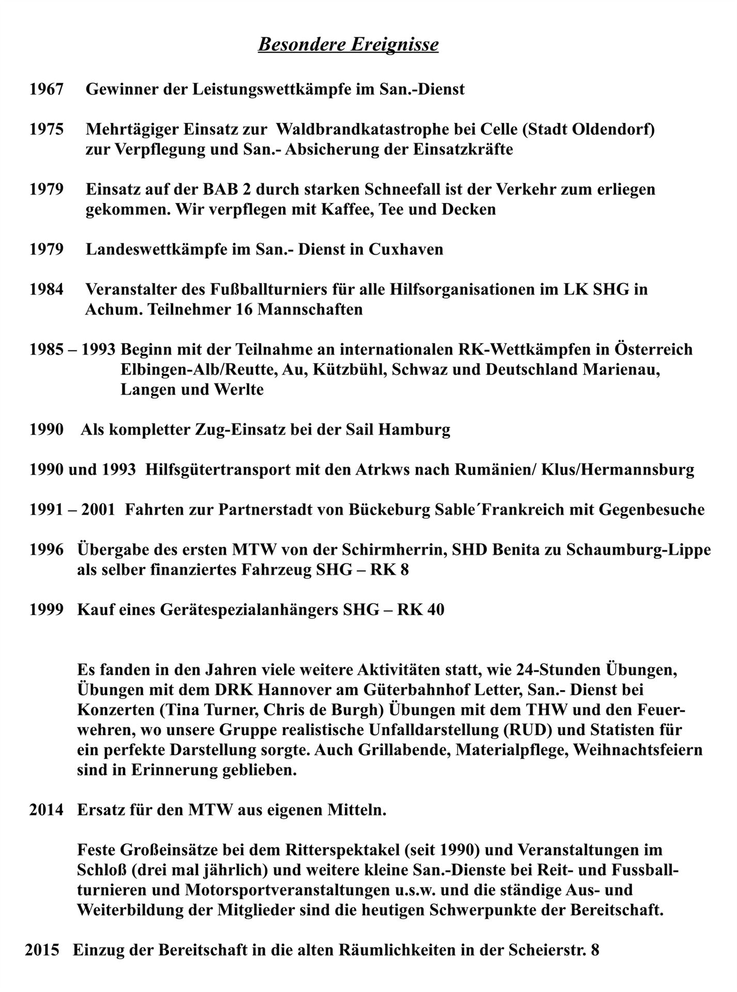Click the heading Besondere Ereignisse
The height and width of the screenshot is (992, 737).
tap(348, 44)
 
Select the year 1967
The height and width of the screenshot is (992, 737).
tap(46, 89)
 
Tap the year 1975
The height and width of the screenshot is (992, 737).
tap(46, 129)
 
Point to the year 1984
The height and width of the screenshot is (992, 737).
tap(46, 289)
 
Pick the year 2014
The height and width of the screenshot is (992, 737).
tap(46, 810)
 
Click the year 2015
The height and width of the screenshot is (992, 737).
tap(42, 950)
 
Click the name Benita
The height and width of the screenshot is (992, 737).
tap(520, 550)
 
